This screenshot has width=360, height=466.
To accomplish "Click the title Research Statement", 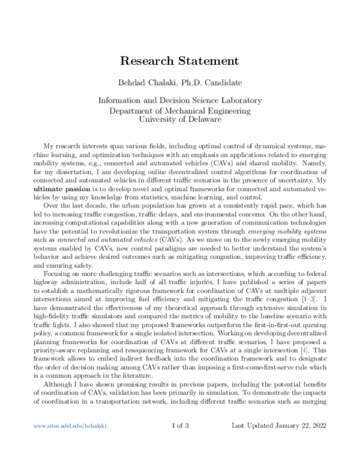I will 180,61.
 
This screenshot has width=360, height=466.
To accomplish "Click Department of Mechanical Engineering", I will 180,111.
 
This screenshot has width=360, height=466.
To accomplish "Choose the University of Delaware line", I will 180,120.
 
